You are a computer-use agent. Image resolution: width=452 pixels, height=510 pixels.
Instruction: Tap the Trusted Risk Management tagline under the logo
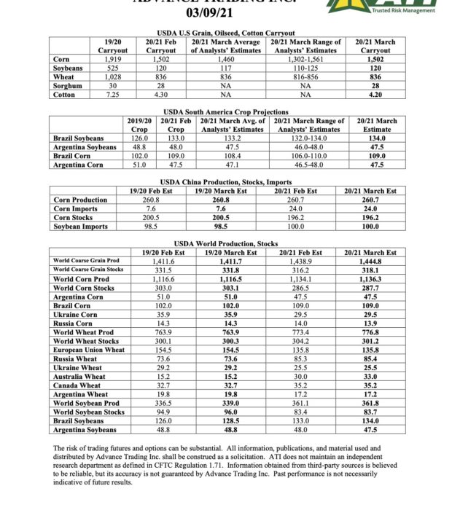[403, 9]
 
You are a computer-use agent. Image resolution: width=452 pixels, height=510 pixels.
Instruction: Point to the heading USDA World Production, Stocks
[226, 243]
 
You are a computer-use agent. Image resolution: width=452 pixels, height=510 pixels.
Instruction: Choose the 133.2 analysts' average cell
[232, 138]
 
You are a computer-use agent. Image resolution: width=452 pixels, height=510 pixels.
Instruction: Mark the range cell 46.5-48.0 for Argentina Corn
[305, 164]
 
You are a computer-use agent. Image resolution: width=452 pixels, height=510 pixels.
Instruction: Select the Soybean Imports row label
[80, 226]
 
